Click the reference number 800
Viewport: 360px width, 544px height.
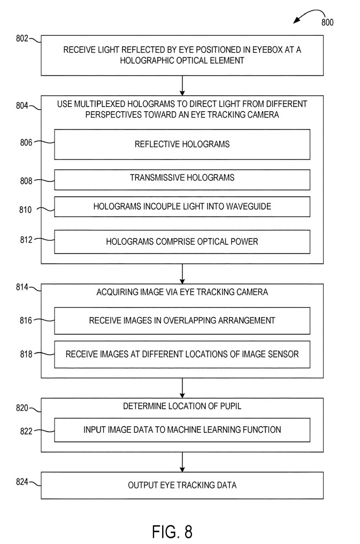[327, 22]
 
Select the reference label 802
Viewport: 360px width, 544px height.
[24, 39]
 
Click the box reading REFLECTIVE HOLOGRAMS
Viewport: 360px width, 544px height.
[182, 144]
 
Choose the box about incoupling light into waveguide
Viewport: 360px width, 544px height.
[182, 206]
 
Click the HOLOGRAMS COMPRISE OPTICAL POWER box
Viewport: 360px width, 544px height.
[182, 242]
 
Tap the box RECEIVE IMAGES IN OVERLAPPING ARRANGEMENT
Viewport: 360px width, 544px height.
[182, 320]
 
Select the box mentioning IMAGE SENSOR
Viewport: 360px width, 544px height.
[182, 354]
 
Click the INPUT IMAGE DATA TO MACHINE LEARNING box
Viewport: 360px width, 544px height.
[182, 430]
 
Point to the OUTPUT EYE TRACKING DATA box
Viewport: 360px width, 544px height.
[182, 485]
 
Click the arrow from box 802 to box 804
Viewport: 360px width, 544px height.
[182, 85]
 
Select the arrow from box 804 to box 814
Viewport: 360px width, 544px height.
[182, 273]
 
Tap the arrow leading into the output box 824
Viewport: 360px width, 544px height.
[182, 462]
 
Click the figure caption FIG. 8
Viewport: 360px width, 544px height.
[172, 532]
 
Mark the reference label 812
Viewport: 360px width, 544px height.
[25, 240]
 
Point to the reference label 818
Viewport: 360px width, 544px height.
[25, 354]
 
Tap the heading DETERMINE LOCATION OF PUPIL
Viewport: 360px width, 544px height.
[182, 407]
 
